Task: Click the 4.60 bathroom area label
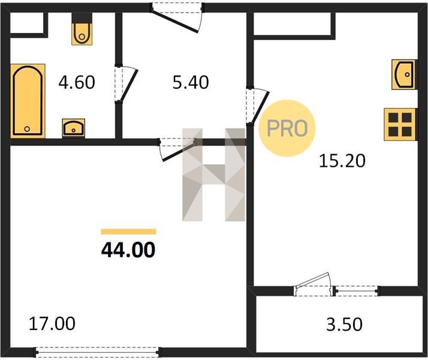[x=77, y=82]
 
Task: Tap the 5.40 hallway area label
[x=191, y=82]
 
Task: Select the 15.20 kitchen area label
[x=342, y=161]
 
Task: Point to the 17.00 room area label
[x=52, y=323]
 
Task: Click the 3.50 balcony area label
[x=345, y=324]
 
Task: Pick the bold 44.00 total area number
[x=128, y=250]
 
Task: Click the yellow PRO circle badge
[x=287, y=128]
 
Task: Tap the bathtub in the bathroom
[x=28, y=101]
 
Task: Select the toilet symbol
[x=82, y=29]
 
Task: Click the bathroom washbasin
[x=73, y=128]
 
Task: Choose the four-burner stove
[x=400, y=125]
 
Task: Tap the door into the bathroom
[x=126, y=83]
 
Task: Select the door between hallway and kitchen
[x=257, y=106]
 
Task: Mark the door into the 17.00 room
[x=177, y=149]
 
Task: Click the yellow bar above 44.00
[x=128, y=232]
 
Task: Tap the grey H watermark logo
[x=214, y=175]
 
